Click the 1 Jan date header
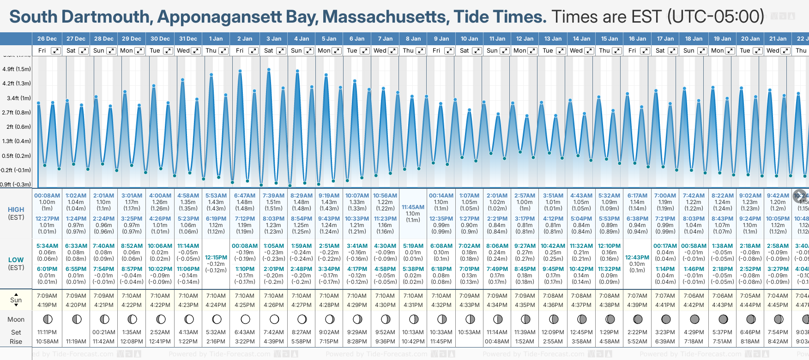click(216, 39)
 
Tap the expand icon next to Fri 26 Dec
click(55, 51)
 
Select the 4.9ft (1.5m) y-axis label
click(17, 69)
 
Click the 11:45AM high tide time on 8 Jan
click(413, 207)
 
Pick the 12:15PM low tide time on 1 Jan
click(216, 258)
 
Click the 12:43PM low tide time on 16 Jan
click(637, 258)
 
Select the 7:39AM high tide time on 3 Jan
click(273, 196)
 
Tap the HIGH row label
click(16, 210)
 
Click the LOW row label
click(16, 260)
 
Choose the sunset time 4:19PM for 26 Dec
click(47, 305)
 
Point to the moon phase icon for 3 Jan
click(274, 319)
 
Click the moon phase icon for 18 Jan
click(694, 319)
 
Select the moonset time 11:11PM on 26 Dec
click(47, 332)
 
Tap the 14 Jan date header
click(582, 39)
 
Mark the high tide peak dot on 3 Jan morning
click(269, 70)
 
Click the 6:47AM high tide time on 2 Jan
click(245, 196)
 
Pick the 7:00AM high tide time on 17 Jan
click(665, 196)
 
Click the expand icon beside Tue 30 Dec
click(168, 51)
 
